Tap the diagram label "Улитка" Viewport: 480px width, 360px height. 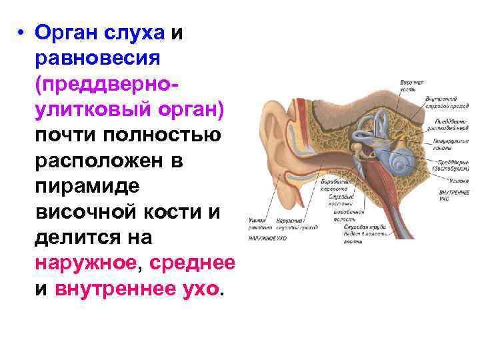coord(447,180)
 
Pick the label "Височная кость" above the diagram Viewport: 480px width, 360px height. coord(411,85)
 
